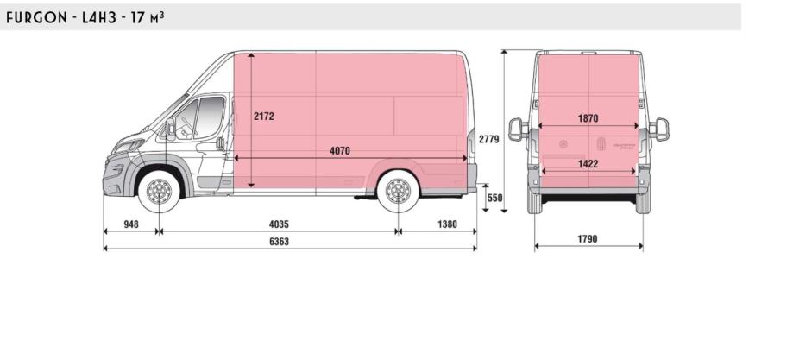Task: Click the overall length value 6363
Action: (x=279, y=242)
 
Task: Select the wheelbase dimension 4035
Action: (x=279, y=224)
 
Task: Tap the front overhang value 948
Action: (x=131, y=224)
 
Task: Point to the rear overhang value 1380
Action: (x=447, y=224)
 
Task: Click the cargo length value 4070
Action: (x=340, y=151)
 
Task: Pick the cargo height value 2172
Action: (x=264, y=116)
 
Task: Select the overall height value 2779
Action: (x=489, y=139)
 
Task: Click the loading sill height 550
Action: (x=495, y=198)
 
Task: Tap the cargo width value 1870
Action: (x=588, y=118)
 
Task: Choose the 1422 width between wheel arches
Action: (x=588, y=163)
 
